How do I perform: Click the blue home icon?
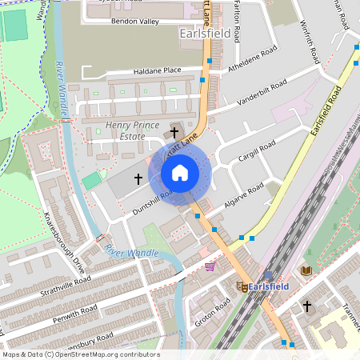tap(180, 172)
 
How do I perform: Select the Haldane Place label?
tap(158, 70)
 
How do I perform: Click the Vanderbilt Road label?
tap(262, 93)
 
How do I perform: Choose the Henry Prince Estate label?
tap(126, 131)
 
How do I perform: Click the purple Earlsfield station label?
tap(268, 286)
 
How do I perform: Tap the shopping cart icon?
tap(210, 266)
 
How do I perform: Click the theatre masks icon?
tap(241, 286)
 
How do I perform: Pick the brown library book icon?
tap(306, 270)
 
